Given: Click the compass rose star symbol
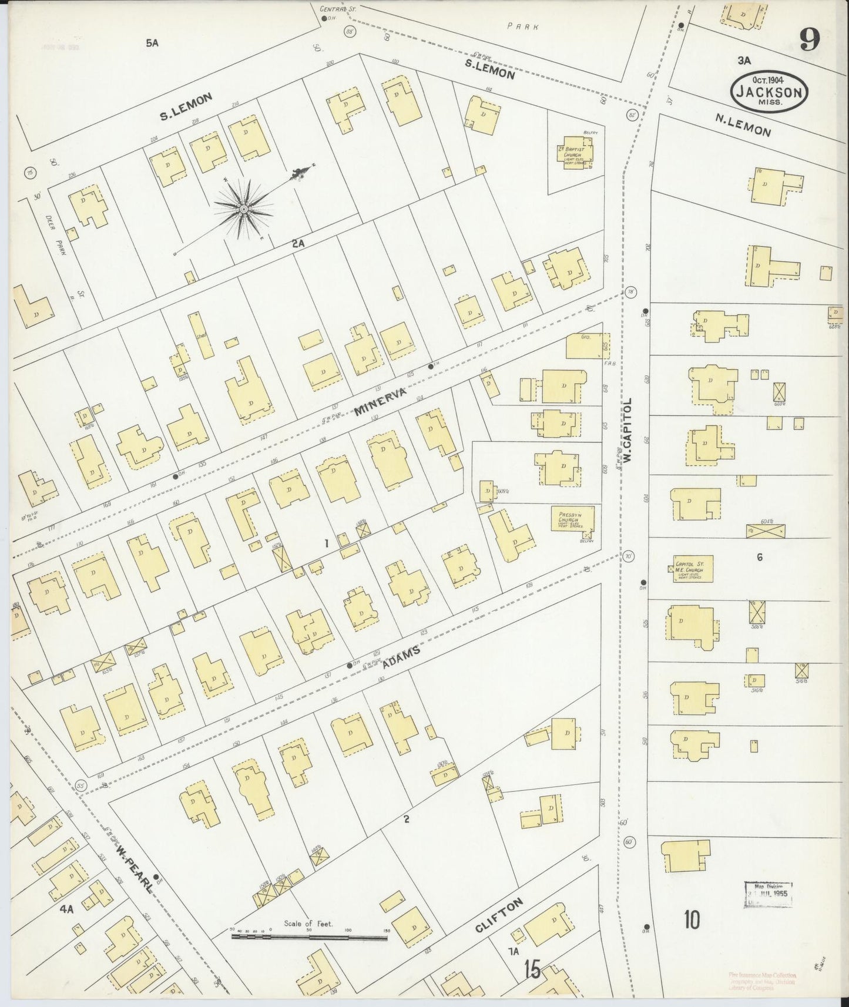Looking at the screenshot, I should click(x=243, y=209).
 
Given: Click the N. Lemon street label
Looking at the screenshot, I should click(x=743, y=124).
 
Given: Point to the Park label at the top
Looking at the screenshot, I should click(x=515, y=26).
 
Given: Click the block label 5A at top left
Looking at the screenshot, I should click(x=152, y=42).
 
